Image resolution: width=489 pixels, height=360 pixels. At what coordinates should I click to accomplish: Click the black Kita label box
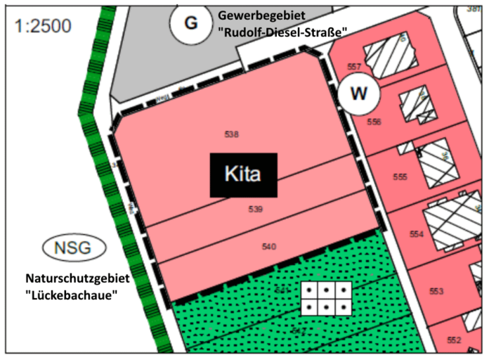242,174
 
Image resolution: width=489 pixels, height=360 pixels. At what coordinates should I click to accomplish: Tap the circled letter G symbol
190,22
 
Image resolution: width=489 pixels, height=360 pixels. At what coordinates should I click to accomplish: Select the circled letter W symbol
358,93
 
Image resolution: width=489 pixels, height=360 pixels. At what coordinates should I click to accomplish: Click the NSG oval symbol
73,247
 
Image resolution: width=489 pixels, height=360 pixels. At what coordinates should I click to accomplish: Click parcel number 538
233,134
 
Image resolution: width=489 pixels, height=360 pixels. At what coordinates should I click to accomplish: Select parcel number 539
255,210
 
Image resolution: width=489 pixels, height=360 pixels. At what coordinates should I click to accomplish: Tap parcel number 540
268,246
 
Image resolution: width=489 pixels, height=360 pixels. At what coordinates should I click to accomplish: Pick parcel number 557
354,67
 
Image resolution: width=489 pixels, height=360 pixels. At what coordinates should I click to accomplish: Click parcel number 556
374,122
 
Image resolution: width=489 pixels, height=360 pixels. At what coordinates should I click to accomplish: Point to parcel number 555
400,177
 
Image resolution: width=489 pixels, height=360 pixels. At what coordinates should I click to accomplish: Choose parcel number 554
417,234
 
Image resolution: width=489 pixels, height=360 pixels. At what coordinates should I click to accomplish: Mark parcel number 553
436,290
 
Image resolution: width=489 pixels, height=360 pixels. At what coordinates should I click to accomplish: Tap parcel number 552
453,340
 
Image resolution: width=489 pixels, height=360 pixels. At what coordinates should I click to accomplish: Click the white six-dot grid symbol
326,298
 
